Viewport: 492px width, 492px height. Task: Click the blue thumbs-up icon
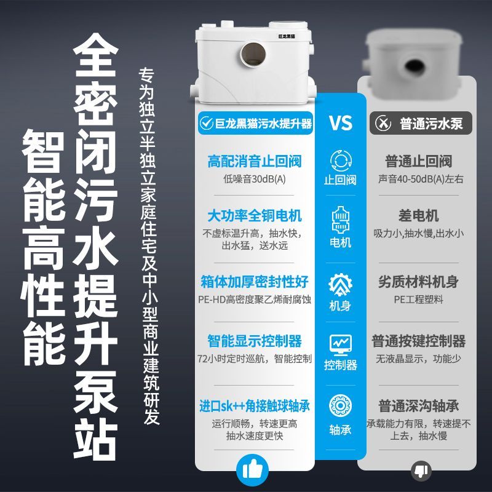[253, 470]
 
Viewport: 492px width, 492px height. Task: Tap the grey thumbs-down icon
[421, 470]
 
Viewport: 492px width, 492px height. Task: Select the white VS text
[341, 122]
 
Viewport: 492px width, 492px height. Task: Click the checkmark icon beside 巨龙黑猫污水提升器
[207, 123]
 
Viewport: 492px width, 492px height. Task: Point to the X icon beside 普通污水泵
[383, 123]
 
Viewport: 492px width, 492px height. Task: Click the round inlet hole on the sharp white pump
[253, 54]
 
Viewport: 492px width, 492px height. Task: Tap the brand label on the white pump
[287, 36]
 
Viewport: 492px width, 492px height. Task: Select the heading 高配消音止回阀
[254, 161]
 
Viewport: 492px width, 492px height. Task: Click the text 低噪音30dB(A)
[254, 179]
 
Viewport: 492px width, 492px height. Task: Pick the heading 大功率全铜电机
[255, 216]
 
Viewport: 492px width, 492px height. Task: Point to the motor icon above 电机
[341, 220]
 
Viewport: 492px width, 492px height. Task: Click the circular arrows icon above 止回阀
[341, 161]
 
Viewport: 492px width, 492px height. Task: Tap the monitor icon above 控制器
[341, 344]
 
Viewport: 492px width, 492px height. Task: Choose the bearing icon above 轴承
[341, 405]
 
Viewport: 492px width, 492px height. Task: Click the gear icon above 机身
[341, 284]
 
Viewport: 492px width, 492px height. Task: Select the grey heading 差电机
[418, 216]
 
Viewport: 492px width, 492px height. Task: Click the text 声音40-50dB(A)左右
[421, 179]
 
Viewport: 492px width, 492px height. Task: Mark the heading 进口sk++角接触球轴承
[255, 406]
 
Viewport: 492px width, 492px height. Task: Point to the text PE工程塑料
[418, 300]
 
